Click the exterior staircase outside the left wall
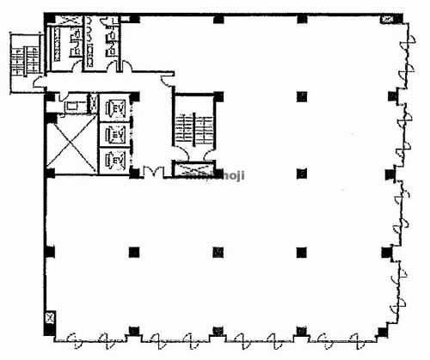pos(19,58)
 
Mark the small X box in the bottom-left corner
pos(51,318)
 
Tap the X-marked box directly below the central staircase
pos(192,168)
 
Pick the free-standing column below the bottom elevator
pos(134,252)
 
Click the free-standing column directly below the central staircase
pos(218,252)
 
